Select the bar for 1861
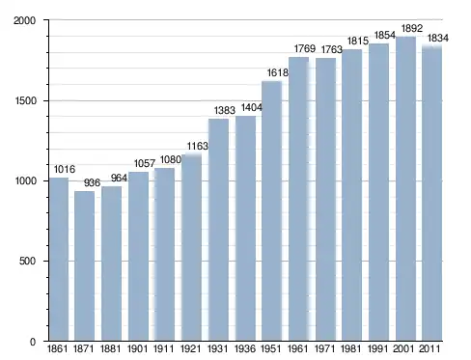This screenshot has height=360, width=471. pyautogui.click(x=59, y=260)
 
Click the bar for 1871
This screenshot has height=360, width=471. pyautogui.click(x=85, y=266)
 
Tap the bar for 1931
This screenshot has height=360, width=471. pyautogui.click(x=218, y=230)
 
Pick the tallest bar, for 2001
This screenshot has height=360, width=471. pyautogui.click(x=405, y=189)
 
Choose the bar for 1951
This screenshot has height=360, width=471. pyautogui.click(x=272, y=210)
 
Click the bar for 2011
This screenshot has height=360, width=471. pyautogui.click(x=432, y=193)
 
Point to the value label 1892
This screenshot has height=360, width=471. pyautogui.click(x=412, y=29)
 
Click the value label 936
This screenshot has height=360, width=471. pyautogui.click(x=92, y=182)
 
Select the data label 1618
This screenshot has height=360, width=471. pyautogui.click(x=278, y=73)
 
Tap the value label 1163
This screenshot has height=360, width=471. pyautogui.click(x=198, y=147)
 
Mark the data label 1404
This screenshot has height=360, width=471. pyautogui.click(x=252, y=107)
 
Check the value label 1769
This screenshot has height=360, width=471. pyautogui.click(x=305, y=49)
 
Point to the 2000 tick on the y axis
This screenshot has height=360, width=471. pyautogui.click(x=24, y=20)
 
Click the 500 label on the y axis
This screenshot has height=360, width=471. pyautogui.click(x=27, y=261)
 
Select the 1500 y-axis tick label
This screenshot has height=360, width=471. pyautogui.click(x=25, y=100)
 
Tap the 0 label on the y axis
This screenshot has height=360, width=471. pyautogui.click(x=33, y=342)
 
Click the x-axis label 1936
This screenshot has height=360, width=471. pyautogui.click(x=245, y=348)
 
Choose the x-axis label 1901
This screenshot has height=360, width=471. pyautogui.click(x=138, y=348)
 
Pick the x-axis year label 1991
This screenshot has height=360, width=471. pyautogui.click(x=378, y=348)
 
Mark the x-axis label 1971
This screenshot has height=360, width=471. pyautogui.click(x=325, y=348)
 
